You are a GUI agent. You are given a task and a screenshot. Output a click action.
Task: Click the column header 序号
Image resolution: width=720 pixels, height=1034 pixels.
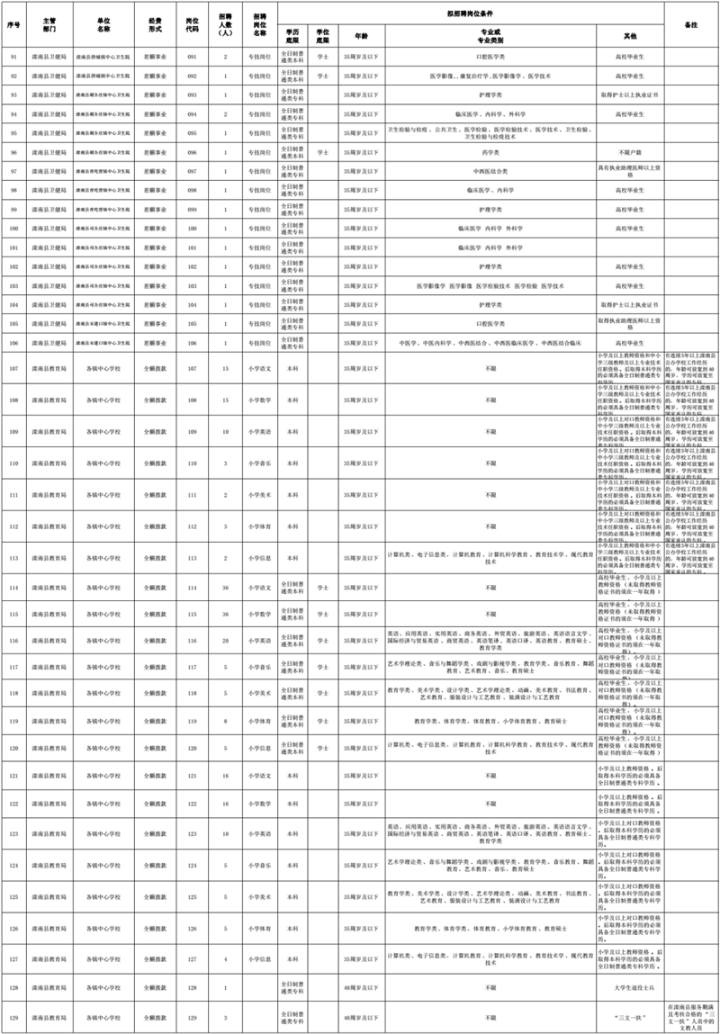tap(13, 24)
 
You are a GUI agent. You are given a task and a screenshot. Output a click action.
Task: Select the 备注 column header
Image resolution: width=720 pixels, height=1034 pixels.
tap(691, 24)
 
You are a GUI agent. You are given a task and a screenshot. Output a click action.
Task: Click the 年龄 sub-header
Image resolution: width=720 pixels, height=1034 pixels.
tap(361, 35)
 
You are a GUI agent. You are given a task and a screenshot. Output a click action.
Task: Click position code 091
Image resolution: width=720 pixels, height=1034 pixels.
tap(192, 57)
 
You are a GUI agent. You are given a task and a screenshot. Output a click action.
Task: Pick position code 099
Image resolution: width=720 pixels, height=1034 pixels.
tap(192, 210)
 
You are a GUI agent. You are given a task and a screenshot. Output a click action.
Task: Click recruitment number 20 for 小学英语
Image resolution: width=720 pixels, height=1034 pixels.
tap(225, 641)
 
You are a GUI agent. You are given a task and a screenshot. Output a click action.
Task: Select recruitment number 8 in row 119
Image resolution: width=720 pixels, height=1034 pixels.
tap(225, 721)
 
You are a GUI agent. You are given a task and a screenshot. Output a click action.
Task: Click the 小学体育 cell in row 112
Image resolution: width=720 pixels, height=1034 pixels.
tap(260, 526)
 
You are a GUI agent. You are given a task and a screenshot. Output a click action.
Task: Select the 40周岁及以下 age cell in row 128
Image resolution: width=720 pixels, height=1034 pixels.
tap(361, 988)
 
